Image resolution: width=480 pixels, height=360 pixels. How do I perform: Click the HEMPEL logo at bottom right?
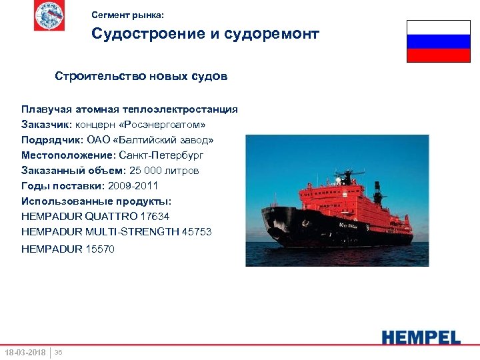[421, 337]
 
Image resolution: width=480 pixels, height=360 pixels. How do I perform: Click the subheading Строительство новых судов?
[141, 77]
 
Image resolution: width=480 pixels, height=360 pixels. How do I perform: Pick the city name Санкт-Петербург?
[161, 155]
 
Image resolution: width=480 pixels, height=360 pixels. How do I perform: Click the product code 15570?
[100, 249]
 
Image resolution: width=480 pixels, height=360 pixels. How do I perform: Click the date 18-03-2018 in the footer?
[25, 352]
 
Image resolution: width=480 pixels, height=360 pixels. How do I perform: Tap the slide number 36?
[58, 352]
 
